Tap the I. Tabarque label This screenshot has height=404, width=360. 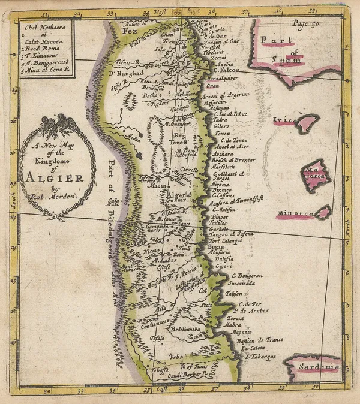(260, 356)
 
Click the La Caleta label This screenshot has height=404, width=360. (253, 348)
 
